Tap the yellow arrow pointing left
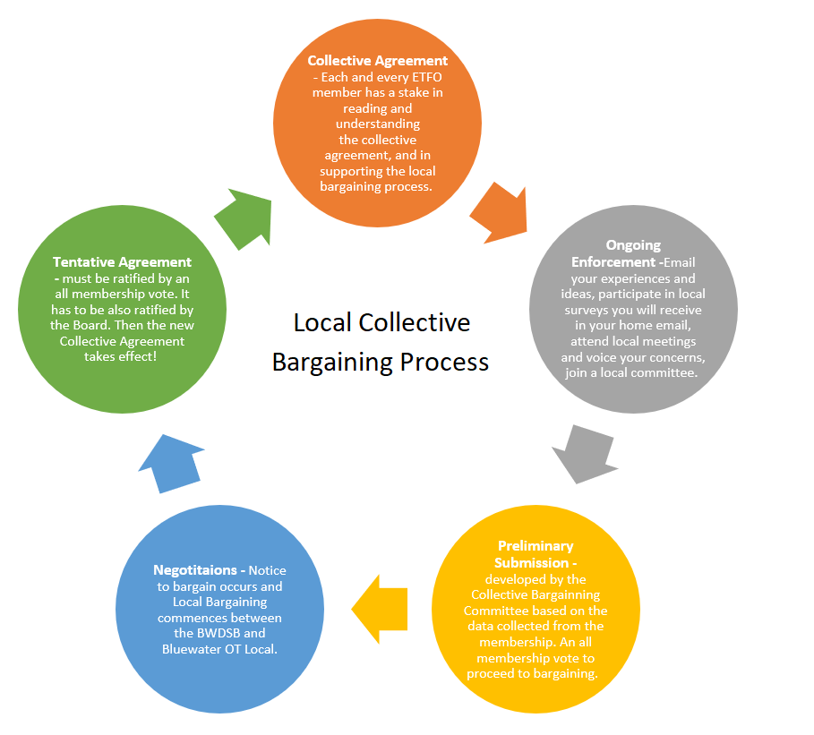pyautogui.click(x=381, y=610)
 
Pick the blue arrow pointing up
pyautogui.click(x=170, y=463)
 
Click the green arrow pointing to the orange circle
pyautogui.click(x=241, y=218)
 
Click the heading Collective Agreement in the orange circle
pyautogui.click(x=377, y=61)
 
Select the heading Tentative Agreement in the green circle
pyautogui.click(x=122, y=262)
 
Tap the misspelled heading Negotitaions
pyautogui.click(x=200, y=569)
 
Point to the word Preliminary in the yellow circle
pyautogui.click(x=536, y=546)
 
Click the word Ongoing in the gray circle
pyautogui.click(x=633, y=245)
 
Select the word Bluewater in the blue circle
pyautogui.click(x=192, y=650)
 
